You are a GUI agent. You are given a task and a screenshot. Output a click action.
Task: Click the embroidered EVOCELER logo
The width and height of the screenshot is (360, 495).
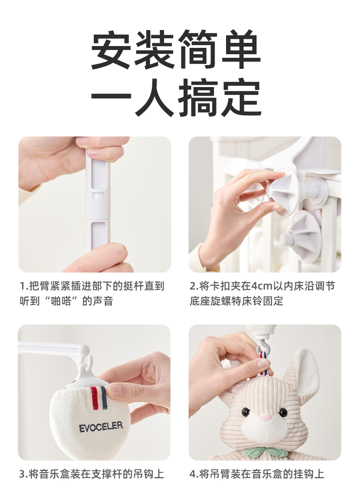[101, 427]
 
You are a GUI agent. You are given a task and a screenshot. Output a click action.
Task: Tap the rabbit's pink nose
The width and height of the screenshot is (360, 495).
[266, 417]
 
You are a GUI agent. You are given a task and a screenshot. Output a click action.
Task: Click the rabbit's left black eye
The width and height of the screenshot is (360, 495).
[245, 412]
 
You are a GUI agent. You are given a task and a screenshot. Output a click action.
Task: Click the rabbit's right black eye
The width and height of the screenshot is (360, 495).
[283, 412]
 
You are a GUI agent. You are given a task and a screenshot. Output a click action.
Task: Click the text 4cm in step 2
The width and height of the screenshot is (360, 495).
[262, 286]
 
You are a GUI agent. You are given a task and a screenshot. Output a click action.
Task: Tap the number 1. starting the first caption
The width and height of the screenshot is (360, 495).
[24, 286]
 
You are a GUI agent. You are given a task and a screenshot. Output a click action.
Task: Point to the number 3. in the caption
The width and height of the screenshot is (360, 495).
[23, 474]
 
